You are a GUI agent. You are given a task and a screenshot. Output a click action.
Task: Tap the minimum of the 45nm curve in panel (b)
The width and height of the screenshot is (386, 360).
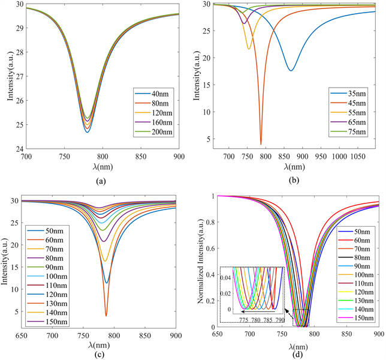[261, 143]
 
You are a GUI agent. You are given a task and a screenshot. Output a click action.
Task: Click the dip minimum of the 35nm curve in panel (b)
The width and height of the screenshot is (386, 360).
[291, 70]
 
